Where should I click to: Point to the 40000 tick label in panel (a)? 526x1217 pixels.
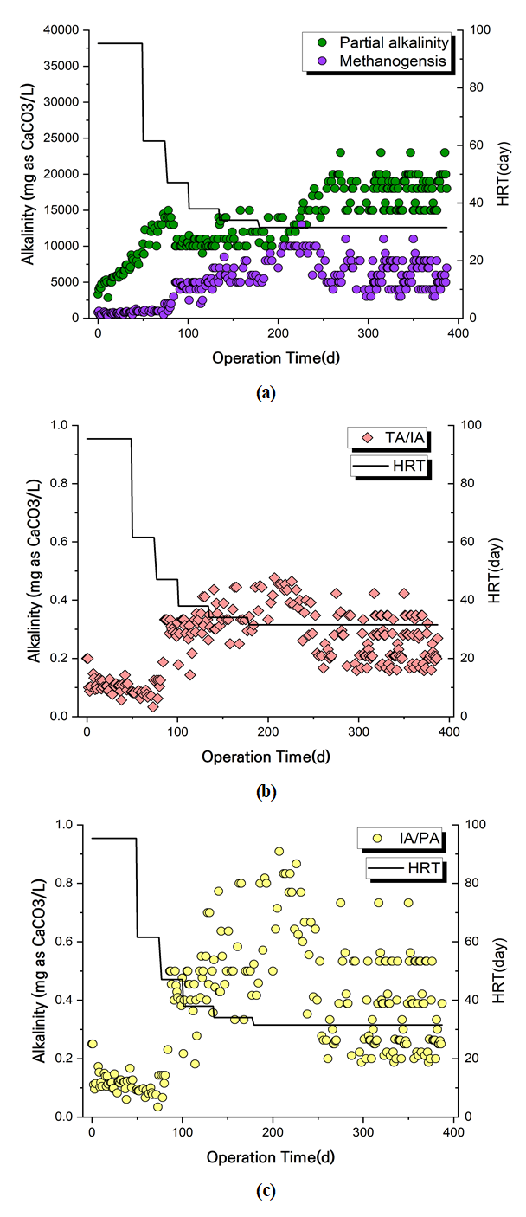point(59,30)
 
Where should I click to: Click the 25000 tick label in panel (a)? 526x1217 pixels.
point(59,138)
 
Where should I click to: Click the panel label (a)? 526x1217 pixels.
point(265,392)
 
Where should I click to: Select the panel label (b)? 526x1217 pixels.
point(265,791)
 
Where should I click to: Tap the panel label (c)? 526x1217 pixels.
point(265,1191)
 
